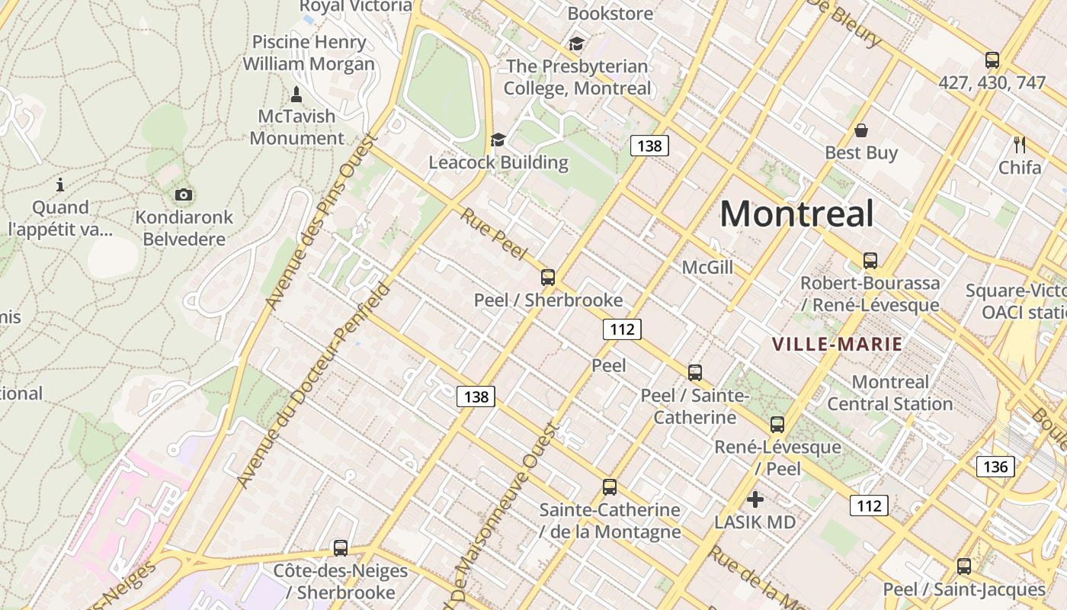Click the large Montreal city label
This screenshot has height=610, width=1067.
coord(796,213)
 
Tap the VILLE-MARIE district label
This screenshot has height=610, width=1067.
coord(838,344)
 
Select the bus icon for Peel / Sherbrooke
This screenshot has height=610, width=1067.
coord(548,278)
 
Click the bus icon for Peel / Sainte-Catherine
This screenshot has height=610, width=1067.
coord(695,373)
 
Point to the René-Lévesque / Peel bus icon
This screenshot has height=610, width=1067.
coord(777,425)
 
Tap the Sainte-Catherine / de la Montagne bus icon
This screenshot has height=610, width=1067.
coord(610,487)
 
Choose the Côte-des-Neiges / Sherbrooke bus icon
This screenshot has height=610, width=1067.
coord(341,548)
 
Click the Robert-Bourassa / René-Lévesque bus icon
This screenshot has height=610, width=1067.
coord(870,261)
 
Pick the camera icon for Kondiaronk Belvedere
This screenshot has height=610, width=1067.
coord(184,195)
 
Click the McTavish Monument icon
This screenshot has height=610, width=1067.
coord(296,95)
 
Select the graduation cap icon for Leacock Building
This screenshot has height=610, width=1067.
coord(498,140)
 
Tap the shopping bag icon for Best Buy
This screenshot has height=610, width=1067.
coord(861,130)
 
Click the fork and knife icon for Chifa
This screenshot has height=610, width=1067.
coord(1020,144)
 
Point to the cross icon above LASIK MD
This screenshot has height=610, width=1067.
coord(755,499)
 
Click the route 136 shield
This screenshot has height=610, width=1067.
coord(995,467)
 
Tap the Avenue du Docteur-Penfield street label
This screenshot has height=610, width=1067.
coord(314,385)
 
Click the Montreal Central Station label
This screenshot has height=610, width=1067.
coord(890,393)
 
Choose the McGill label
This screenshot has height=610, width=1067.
coord(707,268)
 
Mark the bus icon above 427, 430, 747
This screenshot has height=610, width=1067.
coord(992,60)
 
